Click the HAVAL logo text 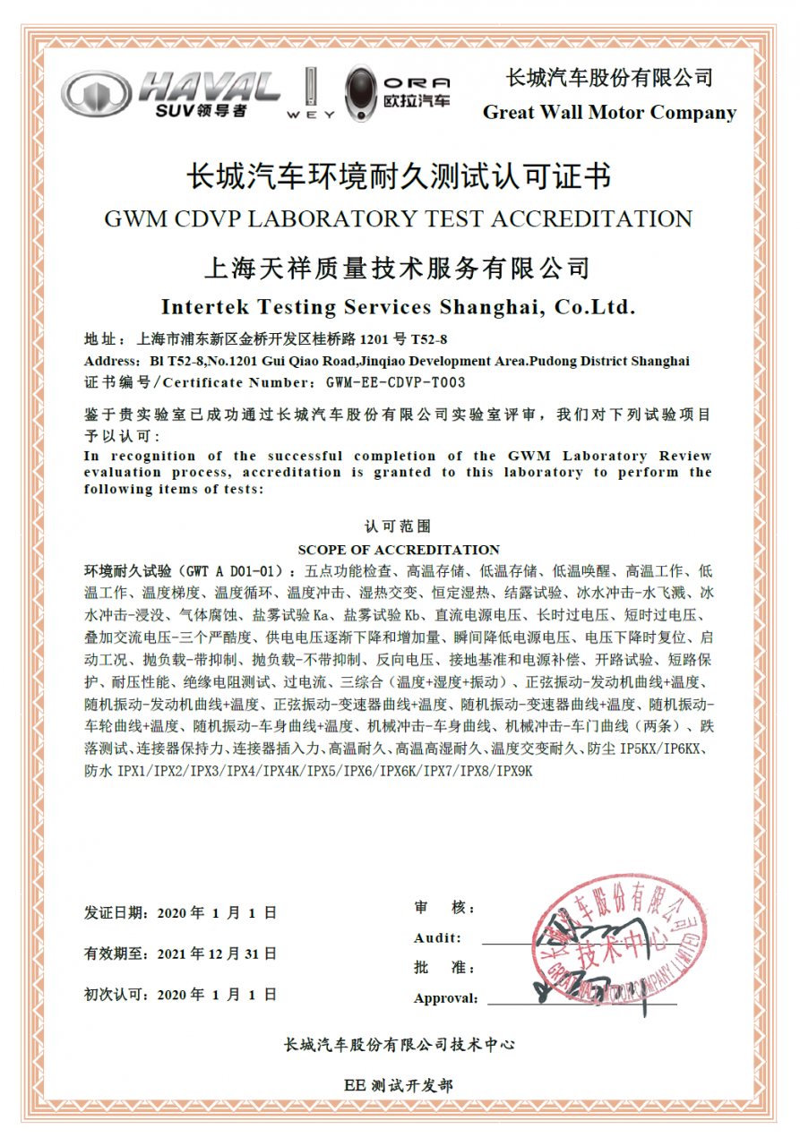[208, 87]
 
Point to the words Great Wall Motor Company [609, 113]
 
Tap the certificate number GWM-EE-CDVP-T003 [395, 382]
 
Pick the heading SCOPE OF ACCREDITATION [399, 550]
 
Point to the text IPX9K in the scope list [514, 771]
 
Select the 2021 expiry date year [174, 954]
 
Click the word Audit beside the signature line [437, 938]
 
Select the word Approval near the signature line [444, 998]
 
